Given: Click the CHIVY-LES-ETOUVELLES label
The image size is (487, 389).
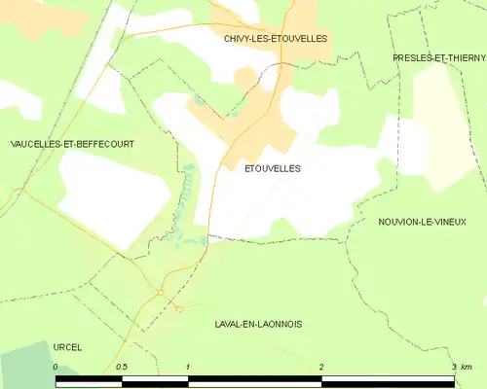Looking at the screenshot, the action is (275, 39).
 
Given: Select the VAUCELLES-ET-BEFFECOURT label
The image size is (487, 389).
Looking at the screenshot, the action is (71, 144).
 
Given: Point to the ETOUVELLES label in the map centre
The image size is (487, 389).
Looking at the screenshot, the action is (272, 168).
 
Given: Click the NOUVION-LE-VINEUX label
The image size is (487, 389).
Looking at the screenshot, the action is (422, 222).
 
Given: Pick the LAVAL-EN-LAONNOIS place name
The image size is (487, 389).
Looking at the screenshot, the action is (257, 323).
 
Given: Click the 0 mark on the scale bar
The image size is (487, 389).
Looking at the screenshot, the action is (56, 367).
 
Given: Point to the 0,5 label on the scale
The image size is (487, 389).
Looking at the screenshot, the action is (121, 367).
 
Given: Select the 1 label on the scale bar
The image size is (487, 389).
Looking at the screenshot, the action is (188, 367).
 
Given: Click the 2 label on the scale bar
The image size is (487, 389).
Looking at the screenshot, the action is (320, 367).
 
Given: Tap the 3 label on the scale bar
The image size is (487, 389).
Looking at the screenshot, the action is (454, 367).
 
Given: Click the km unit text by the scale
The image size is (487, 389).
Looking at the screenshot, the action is (467, 367).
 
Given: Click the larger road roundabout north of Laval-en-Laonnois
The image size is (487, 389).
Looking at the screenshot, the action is (159, 292).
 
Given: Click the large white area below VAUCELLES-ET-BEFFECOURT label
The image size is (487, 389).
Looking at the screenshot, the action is (102, 199).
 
